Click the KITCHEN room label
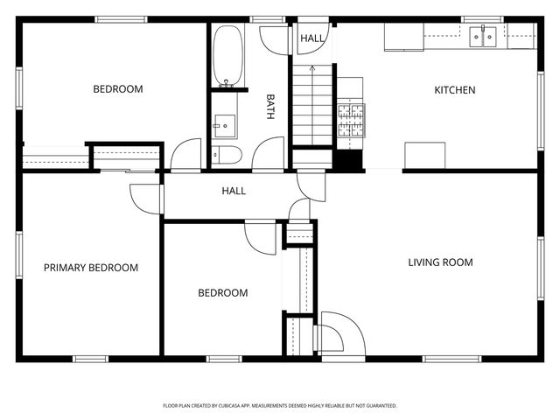point(455,90)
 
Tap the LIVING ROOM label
point(440,262)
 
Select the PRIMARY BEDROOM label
point(91,268)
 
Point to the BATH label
point(270,107)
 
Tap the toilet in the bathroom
point(228,156)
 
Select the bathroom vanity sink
point(224,126)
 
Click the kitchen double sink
point(482,36)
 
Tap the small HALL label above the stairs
point(311,38)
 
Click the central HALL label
point(234,191)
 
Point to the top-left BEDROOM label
point(118,88)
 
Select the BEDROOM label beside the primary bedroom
point(222,293)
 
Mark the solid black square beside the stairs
point(349,160)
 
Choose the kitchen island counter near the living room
point(424,156)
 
